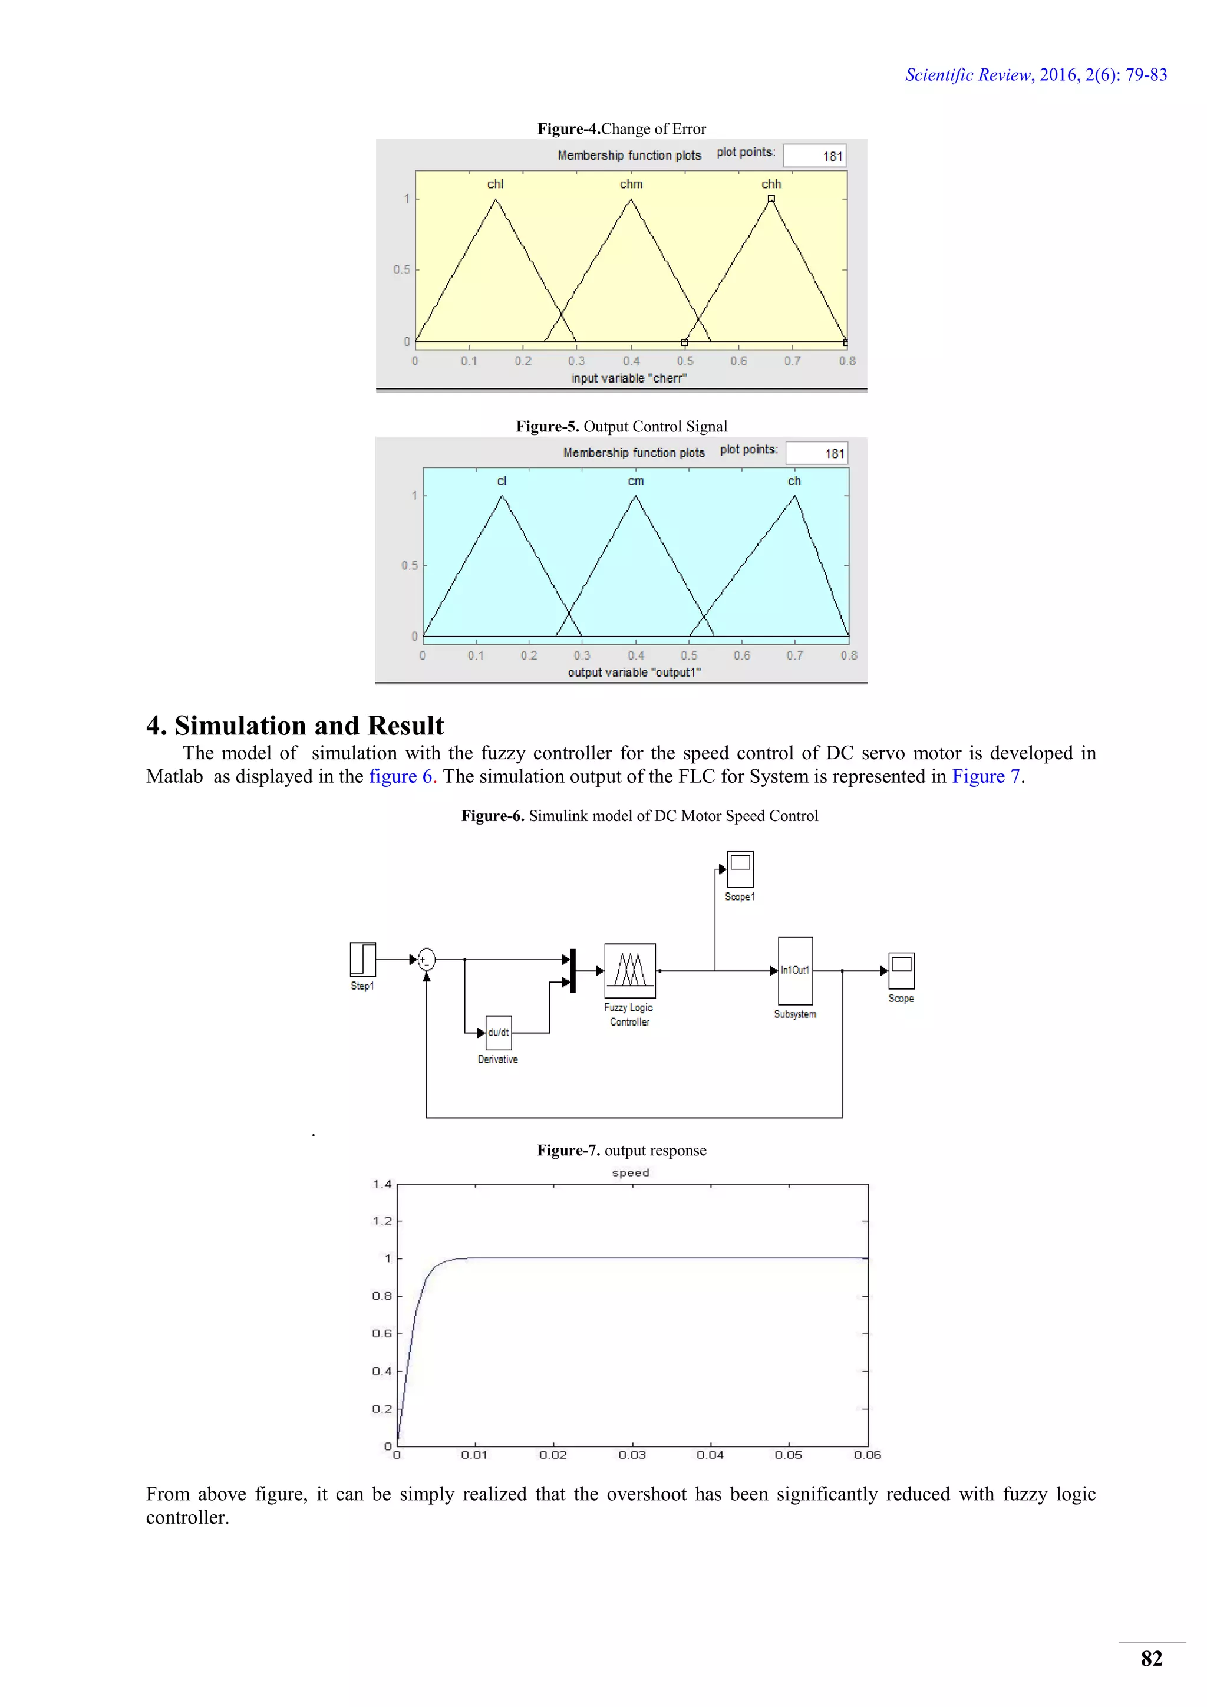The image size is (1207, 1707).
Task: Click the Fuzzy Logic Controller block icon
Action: [629, 970]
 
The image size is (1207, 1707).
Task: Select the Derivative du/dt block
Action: [498, 1033]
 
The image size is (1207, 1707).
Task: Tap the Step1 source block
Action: [362, 959]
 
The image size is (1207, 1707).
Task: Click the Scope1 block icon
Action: [740, 869]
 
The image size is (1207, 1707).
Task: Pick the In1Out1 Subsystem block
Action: [795, 970]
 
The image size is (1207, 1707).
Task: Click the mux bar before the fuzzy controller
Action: [572, 970]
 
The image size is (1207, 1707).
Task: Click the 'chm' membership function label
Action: [631, 184]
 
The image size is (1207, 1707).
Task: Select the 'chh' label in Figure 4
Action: [771, 184]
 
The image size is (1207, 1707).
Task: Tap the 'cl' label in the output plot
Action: [502, 481]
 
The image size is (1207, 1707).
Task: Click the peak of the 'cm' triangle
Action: [635, 497]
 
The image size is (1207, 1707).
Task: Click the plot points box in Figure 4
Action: [814, 156]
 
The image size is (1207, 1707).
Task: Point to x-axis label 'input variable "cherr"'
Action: [629, 378]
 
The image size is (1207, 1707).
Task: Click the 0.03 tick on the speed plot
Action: [632, 1455]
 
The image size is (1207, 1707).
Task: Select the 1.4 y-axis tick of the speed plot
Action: [382, 1184]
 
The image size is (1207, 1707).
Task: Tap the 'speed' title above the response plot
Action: [630, 1172]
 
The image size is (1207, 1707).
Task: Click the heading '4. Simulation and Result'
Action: [295, 725]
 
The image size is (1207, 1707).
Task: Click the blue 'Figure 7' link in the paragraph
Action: [985, 776]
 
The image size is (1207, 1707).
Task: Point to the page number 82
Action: [1151, 1659]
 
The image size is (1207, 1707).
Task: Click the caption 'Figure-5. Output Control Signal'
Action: [621, 426]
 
